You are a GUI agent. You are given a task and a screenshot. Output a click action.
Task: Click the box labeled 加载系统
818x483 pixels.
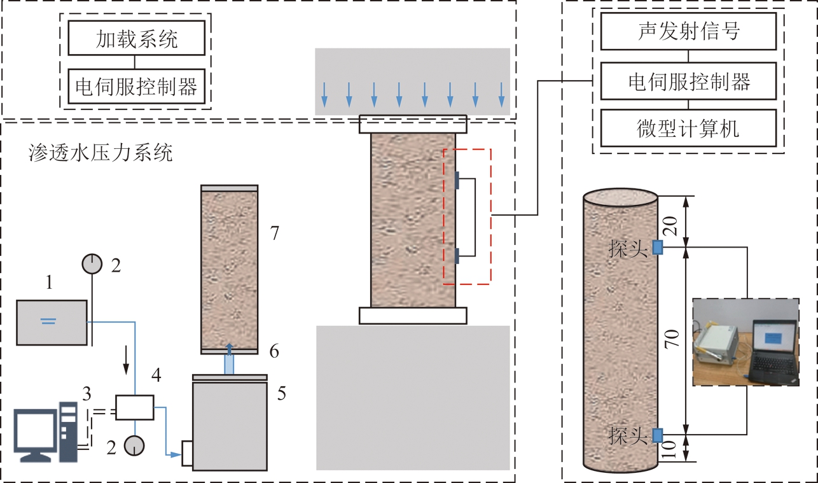(137, 39)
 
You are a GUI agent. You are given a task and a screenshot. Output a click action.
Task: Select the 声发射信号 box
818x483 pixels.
(689, 31)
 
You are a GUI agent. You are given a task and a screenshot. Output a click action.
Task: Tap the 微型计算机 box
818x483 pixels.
(689, 128)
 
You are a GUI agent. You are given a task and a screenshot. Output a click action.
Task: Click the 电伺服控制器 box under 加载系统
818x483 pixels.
(137, 86)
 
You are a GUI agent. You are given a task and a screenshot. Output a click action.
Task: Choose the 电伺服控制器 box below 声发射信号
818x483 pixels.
(689, 81)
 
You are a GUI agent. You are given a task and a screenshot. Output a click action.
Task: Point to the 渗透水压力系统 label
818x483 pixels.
(101, 153)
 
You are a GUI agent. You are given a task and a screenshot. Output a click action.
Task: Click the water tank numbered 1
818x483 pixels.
(52, 323)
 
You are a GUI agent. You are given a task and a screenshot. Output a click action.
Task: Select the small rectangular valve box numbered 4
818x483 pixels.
(135, 407)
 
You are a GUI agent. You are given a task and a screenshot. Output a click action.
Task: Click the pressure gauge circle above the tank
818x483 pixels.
(93, 263)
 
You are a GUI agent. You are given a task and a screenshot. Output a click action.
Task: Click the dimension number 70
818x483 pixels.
(673, 338)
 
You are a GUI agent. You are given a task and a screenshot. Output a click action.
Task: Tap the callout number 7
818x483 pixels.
(274, 234)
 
